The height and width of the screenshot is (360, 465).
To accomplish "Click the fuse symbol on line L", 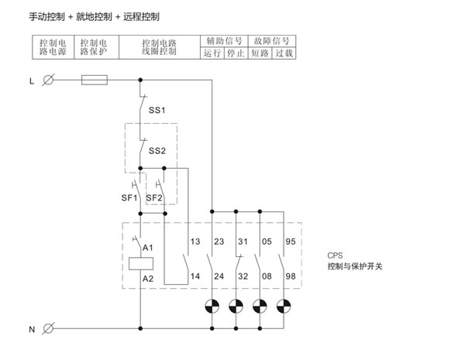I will tap(94, 79).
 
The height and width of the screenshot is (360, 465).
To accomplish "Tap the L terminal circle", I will tap(49, 79).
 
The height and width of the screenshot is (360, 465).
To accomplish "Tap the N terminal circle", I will tap(49, 328).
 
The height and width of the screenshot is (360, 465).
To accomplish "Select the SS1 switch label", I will tap(157, 110).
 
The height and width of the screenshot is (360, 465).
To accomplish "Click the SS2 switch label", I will tap(157, 150).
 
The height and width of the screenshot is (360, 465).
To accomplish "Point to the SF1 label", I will tap(128, 197).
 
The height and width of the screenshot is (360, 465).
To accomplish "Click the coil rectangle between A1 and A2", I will tap(140, 262).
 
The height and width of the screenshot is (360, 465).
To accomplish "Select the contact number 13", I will tap(194, 242).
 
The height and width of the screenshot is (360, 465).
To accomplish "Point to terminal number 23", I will tap(219, 242).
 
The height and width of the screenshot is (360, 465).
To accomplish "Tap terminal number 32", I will tap(243, 276).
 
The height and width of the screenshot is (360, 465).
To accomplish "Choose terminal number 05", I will tap(267, 242).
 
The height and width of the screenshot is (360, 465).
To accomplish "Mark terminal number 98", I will tap(291, 276).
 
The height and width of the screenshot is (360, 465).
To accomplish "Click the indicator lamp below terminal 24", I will tap(212, 305).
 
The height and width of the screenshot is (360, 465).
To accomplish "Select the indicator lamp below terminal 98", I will tap(284, 305).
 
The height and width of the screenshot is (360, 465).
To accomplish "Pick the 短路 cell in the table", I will tap(261, 53).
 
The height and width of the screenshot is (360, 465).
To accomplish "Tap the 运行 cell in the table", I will tap(212, 53).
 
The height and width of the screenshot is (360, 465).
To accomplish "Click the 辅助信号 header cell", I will tap(224, 40).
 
